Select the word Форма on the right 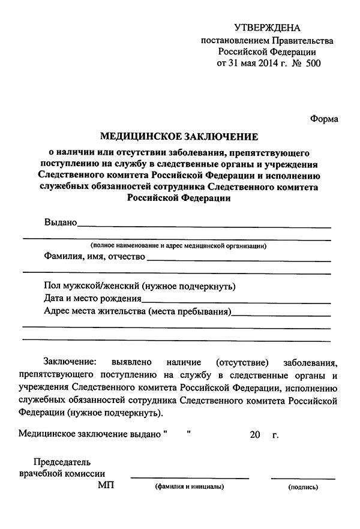coord(325,119)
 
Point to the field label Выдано coord(61,223)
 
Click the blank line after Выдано coord(204,227)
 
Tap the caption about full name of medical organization coord(179,246)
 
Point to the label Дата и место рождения coord(93,298)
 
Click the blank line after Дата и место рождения coord(236,302)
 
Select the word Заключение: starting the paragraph coord(69,362)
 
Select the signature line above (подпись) coord(303,479)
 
